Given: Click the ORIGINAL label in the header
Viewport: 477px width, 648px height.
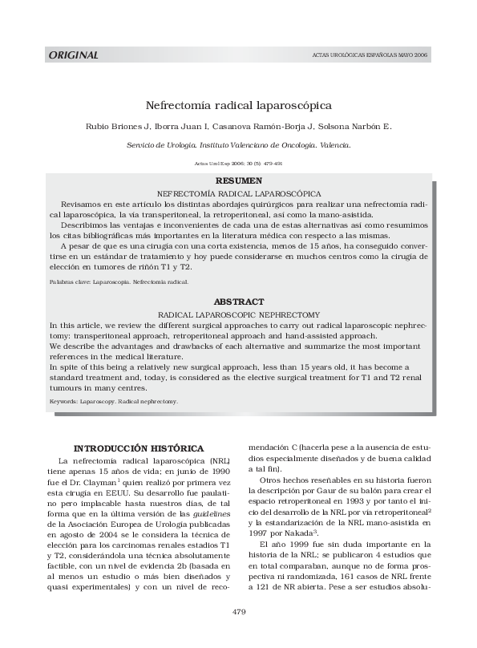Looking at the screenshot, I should click(74, 55).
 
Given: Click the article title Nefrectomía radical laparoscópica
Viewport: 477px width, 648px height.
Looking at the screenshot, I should click(238, 105).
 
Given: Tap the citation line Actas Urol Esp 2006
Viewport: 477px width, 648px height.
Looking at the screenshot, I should click(238, 163).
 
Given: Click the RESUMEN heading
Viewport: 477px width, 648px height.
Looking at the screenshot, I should click(239, 182).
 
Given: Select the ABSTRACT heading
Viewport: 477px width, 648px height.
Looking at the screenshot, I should click(239, 302).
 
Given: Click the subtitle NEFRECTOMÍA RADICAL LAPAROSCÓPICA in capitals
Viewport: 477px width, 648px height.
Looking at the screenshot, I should click(239, 194).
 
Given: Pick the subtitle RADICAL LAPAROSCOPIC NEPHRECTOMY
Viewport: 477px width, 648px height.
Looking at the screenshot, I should click(239, 314).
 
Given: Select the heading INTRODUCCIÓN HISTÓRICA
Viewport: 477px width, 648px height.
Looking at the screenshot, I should click(139, 448).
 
